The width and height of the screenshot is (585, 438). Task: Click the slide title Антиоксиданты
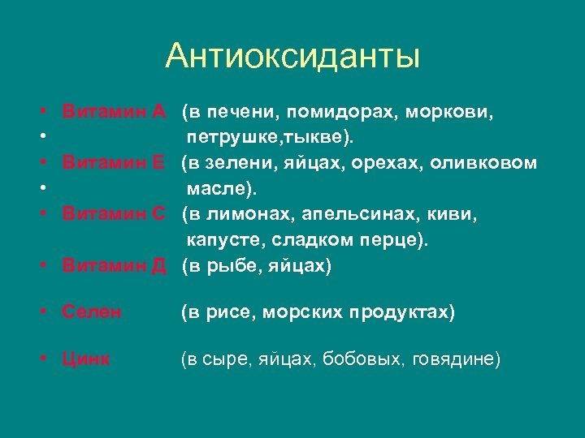[x=292, y=57]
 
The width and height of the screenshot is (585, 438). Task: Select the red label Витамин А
[x=115, y=109]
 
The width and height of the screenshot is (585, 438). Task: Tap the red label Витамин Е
[x=115, y=163]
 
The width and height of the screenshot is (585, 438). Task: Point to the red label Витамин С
[x=115, y=215]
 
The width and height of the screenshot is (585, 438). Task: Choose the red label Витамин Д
[x=115, y=267]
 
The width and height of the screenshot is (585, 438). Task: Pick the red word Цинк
[x=87, y=359]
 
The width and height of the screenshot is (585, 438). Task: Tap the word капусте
[x=222, y=241]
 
